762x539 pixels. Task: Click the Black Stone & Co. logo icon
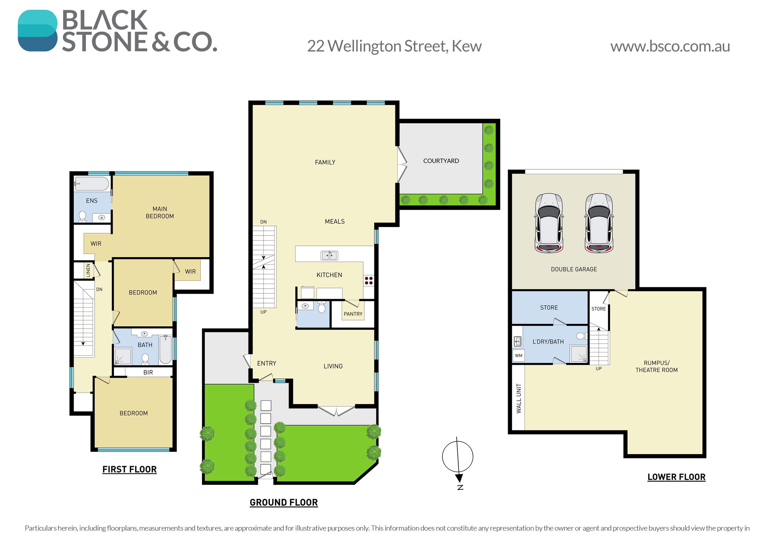38,31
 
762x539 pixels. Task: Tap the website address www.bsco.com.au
670,47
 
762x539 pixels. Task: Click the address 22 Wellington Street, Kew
394,46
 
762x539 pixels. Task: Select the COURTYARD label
441,161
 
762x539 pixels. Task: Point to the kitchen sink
329,255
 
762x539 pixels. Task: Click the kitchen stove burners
369,281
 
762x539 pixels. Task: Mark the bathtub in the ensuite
92,184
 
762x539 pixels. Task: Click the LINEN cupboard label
88,270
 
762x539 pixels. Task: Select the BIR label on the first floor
148,373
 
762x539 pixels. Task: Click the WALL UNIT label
519,399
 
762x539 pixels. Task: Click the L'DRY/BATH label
548,342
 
